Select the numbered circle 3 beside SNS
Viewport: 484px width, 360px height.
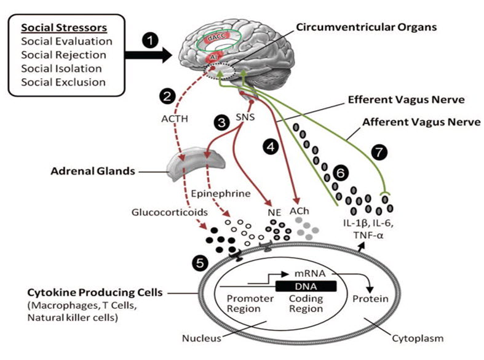point(218,122)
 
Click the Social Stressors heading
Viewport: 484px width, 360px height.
point(65,29)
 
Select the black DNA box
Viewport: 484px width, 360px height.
point(305,286)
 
